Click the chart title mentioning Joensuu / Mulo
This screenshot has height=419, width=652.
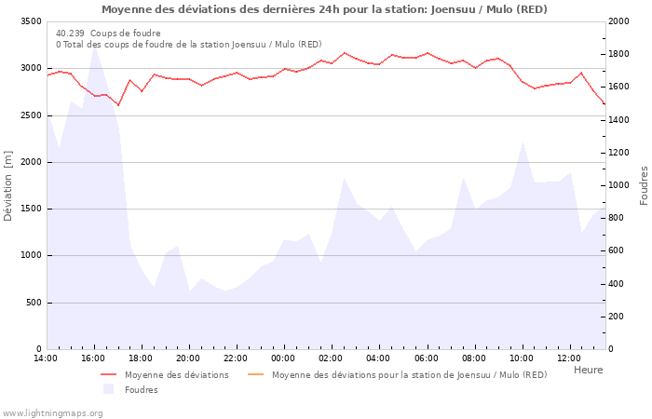coord(324,9)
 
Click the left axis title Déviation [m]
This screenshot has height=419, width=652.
coord(8,185)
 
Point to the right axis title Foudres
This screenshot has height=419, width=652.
coord(644,185)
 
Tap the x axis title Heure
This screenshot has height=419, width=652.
coord(588,370)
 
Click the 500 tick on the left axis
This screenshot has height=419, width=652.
coord(34,303)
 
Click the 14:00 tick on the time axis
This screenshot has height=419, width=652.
coord(46,358)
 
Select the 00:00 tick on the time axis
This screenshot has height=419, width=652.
coord(283,358)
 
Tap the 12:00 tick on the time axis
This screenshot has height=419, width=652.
coord(568,358)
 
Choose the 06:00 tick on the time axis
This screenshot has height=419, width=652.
coord(426,358)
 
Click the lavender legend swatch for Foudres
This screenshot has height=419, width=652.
coord(109,389)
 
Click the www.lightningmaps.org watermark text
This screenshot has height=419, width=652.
coord(53,412)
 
